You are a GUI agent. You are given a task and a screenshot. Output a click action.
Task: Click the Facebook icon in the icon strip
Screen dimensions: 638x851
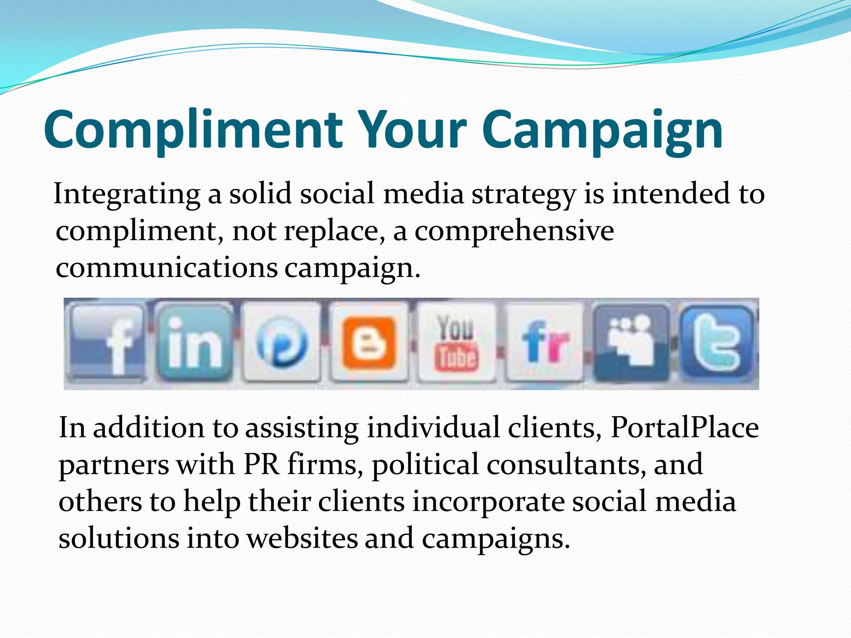pos(107,341)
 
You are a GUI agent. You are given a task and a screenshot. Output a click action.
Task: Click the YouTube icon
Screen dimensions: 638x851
pos(456,342)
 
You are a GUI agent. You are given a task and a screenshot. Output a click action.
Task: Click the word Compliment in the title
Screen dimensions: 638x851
pos(193,130)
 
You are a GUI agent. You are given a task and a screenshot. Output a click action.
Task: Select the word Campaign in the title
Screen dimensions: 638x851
pos(603,130)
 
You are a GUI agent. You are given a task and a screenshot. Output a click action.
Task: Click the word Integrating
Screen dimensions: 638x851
pos(127,194)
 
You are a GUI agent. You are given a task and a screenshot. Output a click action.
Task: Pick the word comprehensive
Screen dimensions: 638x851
pos(514,231)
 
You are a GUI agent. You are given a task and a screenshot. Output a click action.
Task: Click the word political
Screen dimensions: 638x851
pos(425,464)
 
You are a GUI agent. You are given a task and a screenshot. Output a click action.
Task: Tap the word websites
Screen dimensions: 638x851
pos(302,538)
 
